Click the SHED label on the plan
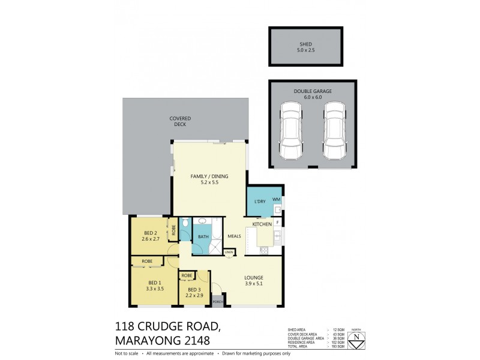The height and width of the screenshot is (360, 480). point(305,44)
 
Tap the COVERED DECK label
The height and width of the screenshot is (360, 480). point(178,121)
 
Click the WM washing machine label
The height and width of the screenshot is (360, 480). point(277,199)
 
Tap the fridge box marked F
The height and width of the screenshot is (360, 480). point(278,223)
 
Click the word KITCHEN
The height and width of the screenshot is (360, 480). point(262,224)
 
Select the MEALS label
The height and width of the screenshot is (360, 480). point(234,236)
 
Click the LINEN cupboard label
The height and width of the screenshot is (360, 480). point(229,253)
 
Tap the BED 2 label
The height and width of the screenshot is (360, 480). point(151,233)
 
